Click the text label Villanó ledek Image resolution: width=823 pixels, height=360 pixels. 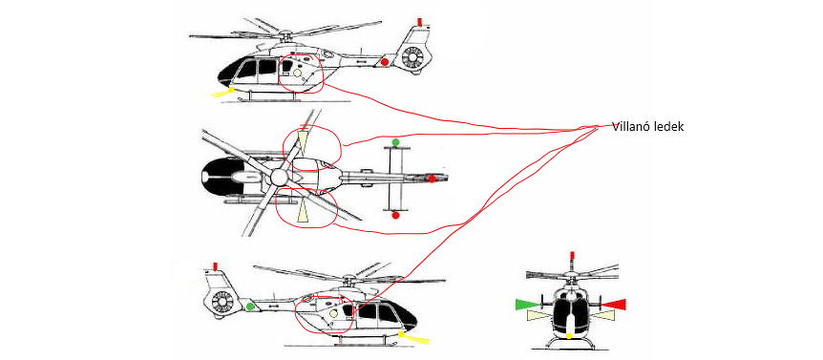click(647, 126)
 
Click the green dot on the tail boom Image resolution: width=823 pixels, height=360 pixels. click(250, 306)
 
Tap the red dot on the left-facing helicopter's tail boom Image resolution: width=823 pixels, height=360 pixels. click(384, 62)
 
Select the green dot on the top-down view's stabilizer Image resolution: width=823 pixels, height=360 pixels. click(396, 142)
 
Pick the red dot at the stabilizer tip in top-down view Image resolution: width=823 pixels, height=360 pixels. click(396, 215)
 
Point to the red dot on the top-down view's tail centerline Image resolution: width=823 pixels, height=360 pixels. click(432, 179)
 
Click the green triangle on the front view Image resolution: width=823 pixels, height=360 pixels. click(527, 304)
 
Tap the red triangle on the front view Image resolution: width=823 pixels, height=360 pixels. click(614, 304)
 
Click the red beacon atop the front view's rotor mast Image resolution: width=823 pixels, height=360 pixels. click(572, 257)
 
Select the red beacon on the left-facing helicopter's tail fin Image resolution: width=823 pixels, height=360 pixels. click(419, 22)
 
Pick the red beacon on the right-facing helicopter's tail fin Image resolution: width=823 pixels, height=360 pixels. click(214, 265)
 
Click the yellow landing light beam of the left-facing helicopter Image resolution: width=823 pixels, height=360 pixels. click(222, 93)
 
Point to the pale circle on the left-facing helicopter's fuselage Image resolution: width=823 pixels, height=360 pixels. click(297, 73)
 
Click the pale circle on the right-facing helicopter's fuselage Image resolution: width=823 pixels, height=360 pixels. click(333, 313)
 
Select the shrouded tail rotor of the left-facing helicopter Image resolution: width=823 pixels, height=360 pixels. click(412, 57)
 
